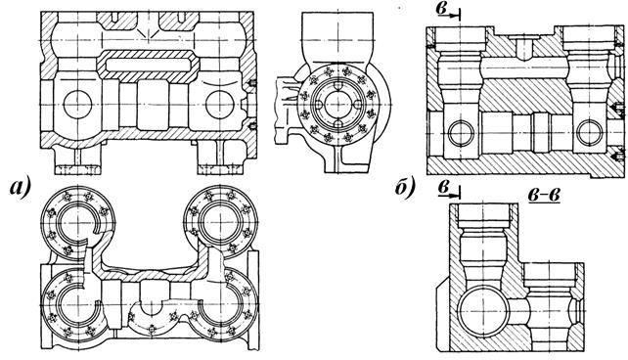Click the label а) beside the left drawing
coord(21,188)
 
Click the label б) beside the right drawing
coord(405,188)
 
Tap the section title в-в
coord(544,195)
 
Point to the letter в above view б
coord(442,8)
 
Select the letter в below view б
coord(442,187)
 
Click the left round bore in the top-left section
coord(77,105)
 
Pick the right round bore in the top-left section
coord(220,105)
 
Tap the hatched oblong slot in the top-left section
coord(149,65)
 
